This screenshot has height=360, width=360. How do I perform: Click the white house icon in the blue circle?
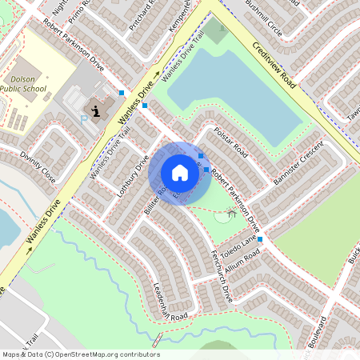coord(179,173)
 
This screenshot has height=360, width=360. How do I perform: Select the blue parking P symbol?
coord(85,118)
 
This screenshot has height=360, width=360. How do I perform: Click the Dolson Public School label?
coord(29,84)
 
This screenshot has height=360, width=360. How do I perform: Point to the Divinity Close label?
coord(38,166)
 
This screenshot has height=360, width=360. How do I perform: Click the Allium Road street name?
coord(242,262)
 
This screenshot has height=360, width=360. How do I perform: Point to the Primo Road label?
coord(82,10)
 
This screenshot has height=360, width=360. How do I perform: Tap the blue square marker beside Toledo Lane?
coord(259,239)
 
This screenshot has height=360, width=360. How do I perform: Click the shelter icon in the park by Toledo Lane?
coord(231,213)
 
